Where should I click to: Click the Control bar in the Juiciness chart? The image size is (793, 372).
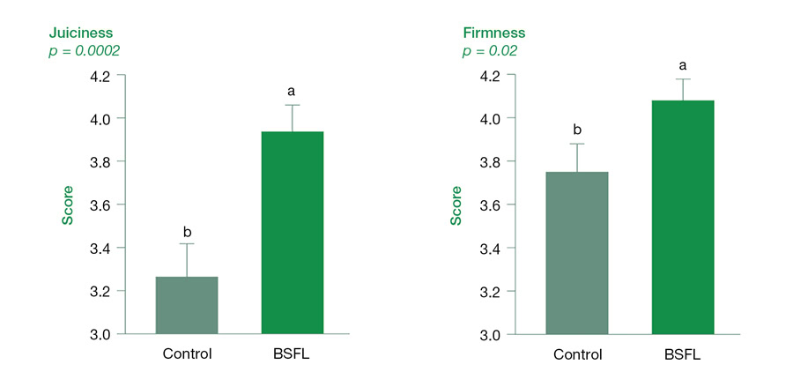[187, 305]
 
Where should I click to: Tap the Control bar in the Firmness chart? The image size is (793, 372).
[577, 253]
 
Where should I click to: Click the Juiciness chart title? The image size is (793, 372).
[80, 33]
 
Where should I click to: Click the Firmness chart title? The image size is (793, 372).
[495, 33]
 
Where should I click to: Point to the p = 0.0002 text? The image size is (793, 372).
[84, 51]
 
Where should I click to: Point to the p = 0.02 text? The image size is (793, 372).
[491, 51]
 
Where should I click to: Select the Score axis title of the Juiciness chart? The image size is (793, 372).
[67, 205]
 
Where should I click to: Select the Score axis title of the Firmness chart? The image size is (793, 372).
[456, 205]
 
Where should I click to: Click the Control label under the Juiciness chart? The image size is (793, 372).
[187, 354]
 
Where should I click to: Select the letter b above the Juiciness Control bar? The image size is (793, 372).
[187, 232]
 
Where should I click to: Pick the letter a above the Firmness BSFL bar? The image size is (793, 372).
[683, 65]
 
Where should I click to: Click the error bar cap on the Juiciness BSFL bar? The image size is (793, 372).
[292, 105]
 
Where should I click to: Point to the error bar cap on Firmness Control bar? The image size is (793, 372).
[577, 144]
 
